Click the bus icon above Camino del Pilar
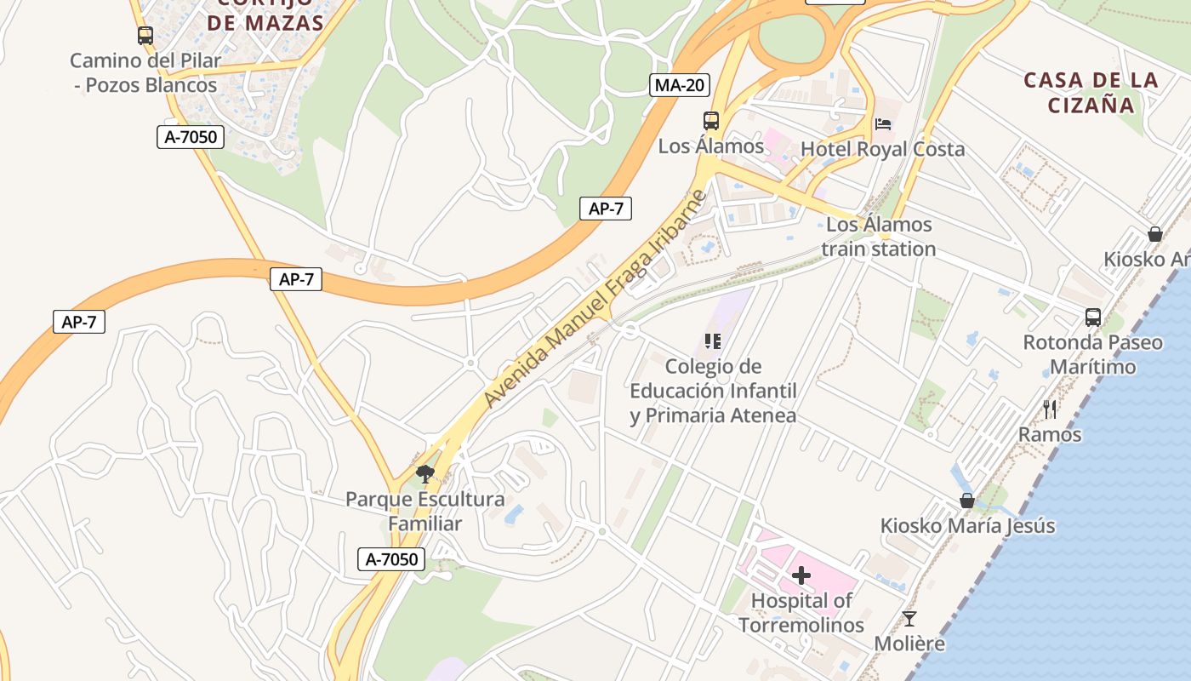click(x=145, y=36)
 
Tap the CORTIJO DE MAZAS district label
click(x=265, y=15)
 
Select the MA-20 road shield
click(x=680, y=84)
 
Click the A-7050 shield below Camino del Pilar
click(x=191, y=136)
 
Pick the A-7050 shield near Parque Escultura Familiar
click(x=391, y=559)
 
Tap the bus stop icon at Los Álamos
click(x=711, y=121)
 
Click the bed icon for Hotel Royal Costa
click(x=883, y=124)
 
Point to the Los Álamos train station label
click(x=879, y=237)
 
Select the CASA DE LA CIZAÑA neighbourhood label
click(x=1091, y=93)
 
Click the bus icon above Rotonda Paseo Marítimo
click(x=1093, y=318)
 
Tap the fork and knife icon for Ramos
click(x=1050, y=409)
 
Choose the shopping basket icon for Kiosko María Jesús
click(x=967, y=501)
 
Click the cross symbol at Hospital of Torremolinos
click(x=801, y=576)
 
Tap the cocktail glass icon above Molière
click(x=909, y=619)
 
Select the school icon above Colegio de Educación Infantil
click(x=713, y=341)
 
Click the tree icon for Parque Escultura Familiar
click(x=425, y=473)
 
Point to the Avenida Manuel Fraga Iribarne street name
click(x=595, y=300)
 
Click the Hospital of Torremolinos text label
click(x=801, y=613)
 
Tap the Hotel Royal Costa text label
click(x=883, y=149)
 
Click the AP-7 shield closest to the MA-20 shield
click(x=606, y=209)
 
